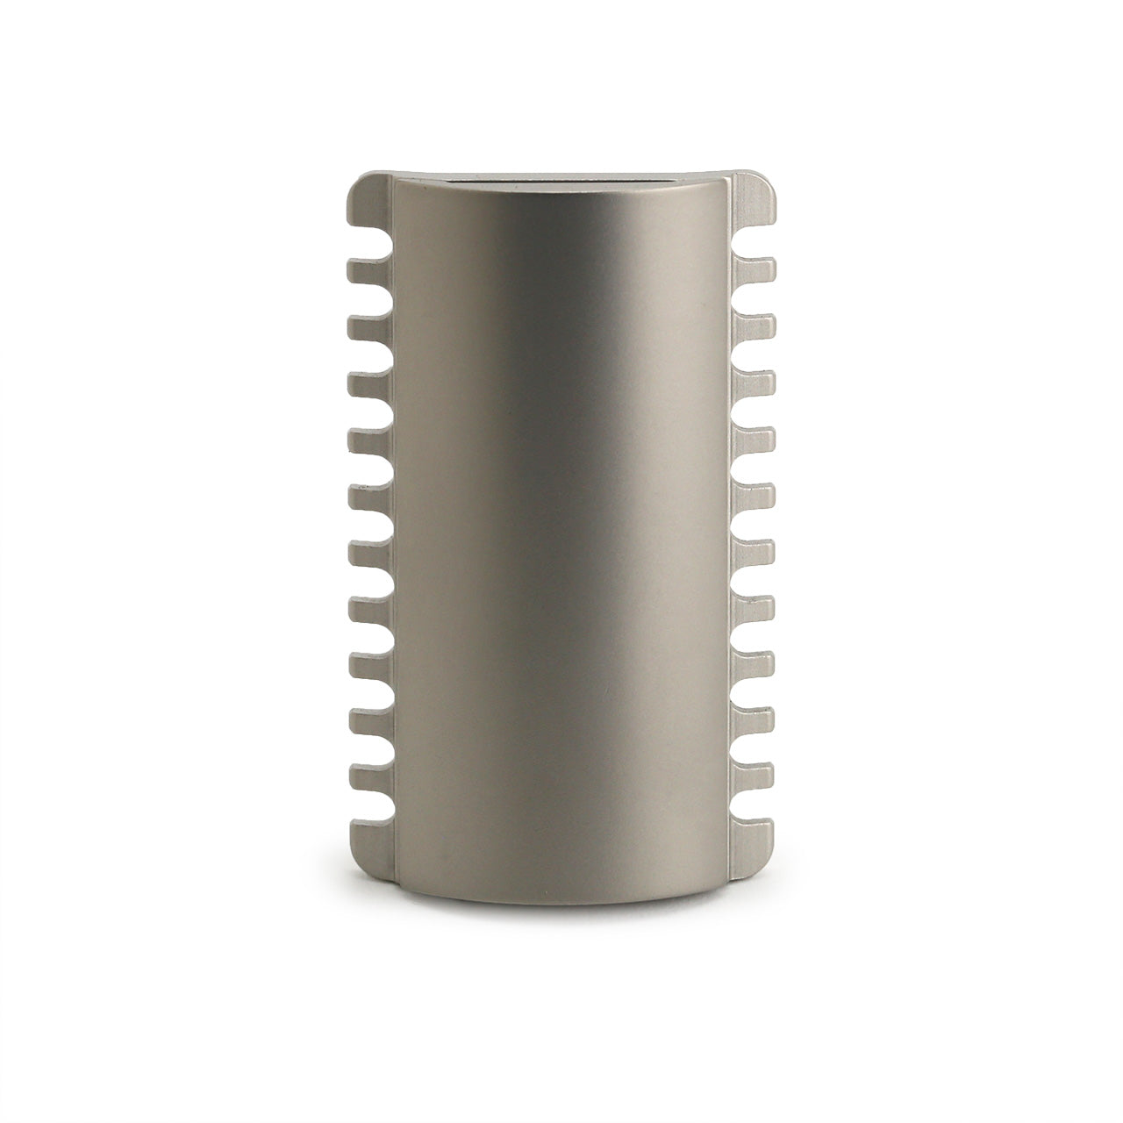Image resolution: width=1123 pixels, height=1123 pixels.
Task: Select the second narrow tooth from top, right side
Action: click(x=754, y=327)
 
